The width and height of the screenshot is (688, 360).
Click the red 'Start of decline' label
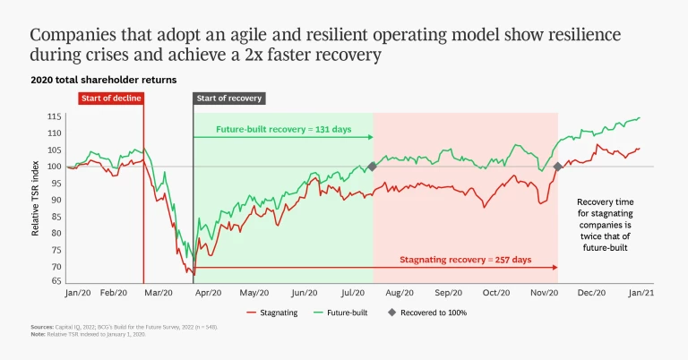pos(110,98)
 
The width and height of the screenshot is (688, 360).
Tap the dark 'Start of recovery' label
pos(228,98)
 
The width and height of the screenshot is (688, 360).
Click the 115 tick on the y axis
pos(55,116)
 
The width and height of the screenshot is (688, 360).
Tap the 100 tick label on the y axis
pos(55,167)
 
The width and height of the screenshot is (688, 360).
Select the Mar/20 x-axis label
pos(159,293)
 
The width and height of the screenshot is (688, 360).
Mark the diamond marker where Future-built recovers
pos(372,167)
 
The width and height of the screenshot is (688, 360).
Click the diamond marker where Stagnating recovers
pos(557,167)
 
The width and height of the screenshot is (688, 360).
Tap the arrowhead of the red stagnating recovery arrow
pos(555,267)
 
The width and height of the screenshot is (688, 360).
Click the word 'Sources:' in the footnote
pos(41,328)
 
